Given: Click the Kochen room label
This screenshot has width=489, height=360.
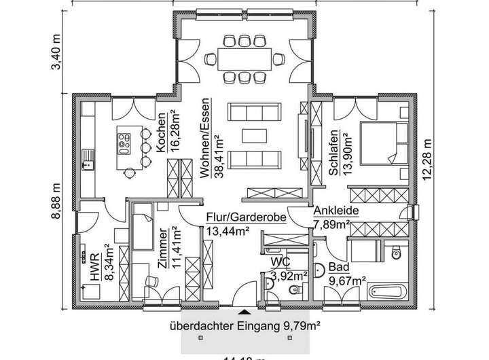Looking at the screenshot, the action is point(162,133).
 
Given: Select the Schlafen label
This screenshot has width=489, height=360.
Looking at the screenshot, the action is point(333,152).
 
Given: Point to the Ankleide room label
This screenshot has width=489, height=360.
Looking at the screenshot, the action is point(331,211).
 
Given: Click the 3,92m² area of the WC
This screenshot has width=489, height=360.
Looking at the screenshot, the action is point(289,275).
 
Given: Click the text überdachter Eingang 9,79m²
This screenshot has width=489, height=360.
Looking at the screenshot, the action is point(245,326).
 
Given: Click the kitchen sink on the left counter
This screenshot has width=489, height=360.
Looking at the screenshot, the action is point(86,160).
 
